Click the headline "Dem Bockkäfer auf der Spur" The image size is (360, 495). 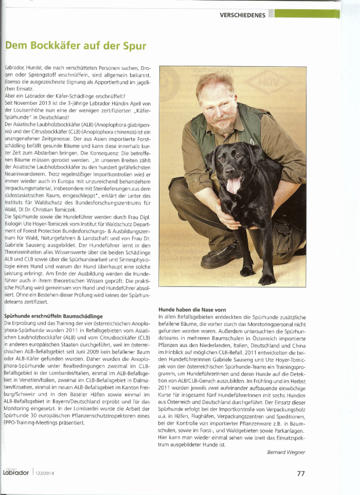click(x=76, y=46)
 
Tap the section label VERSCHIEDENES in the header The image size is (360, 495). click(x=242, y=15)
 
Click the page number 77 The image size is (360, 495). click(x=301, y=473)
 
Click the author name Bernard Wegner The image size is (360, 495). click(x=286, y=452)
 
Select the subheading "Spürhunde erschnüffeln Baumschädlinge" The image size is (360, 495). click(x=53, y=316)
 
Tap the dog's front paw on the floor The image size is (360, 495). click(x=247, y=270)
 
